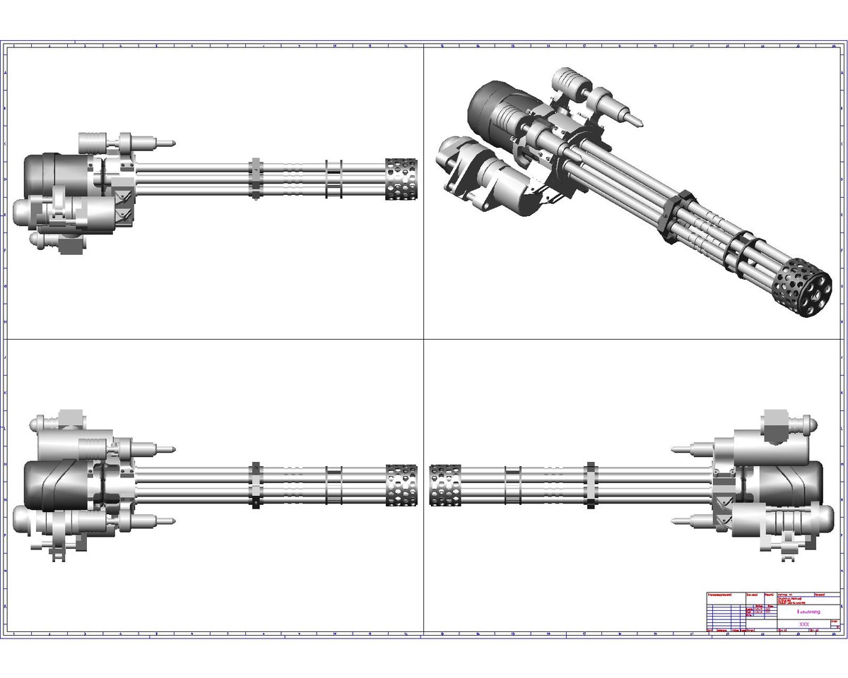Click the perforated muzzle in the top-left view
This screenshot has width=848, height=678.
tap(401, 179)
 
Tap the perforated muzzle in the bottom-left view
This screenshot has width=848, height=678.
tap(401, 485)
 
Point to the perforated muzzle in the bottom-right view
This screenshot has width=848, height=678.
tap(445, 485)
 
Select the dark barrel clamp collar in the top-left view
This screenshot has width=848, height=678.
tap(256, 180)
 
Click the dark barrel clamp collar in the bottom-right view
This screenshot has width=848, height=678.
tap(591, 485)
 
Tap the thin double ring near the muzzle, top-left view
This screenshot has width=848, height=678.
tap(334, 180)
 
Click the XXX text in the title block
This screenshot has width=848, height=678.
tap(803, 624)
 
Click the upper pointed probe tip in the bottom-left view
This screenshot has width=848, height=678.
tap(170, 448)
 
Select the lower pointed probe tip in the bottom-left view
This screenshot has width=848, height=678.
tap(170, 522)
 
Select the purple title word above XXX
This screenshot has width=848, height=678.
tap(808, 612)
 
